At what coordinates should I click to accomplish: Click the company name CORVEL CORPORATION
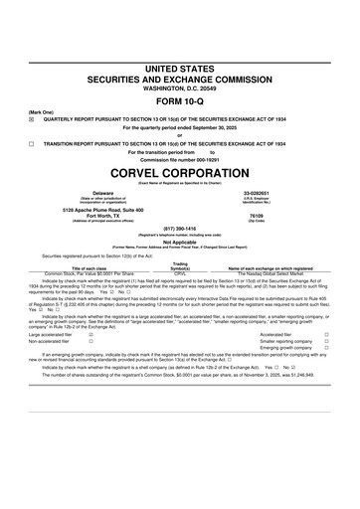point(179,172)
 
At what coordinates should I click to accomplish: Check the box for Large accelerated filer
point(92,335)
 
